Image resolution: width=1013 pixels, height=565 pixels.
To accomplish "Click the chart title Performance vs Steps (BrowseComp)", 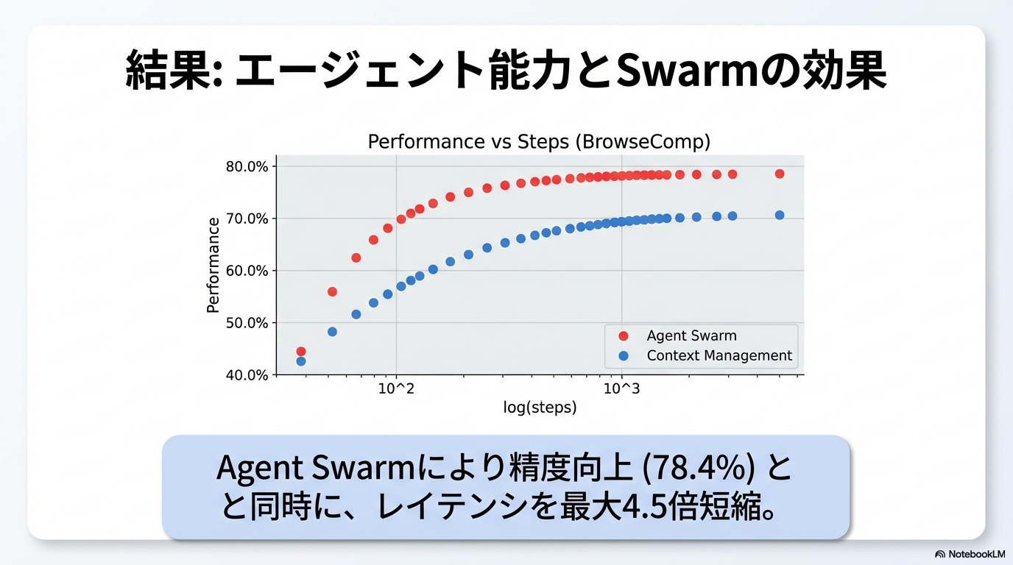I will coord(539,141).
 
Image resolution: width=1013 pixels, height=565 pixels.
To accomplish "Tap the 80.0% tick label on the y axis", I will coord(247,166).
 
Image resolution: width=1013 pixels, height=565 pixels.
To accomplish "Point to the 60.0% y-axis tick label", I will coord(247,271).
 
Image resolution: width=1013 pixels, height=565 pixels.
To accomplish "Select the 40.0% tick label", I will coord(247,375).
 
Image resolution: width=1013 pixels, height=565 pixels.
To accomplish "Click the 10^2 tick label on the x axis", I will coord(396,389).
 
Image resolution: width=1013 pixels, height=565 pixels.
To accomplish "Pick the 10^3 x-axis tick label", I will coord(622,389).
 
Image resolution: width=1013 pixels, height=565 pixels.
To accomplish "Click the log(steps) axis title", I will coord(540,408).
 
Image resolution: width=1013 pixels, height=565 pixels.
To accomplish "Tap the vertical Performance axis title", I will coord(213,266).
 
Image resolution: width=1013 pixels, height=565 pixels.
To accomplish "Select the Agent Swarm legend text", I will coord(691,336).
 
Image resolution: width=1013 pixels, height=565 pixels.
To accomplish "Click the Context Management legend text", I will coord(719,356).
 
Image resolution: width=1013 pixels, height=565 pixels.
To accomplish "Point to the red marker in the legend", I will coord(624,336).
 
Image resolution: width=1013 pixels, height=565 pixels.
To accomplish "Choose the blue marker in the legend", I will coord(624,356).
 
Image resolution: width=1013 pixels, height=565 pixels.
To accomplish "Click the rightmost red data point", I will coord(780,174).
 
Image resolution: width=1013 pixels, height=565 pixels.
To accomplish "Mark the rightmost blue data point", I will coord(780,215).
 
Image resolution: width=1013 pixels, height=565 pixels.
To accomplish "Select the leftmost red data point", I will coord(300,352).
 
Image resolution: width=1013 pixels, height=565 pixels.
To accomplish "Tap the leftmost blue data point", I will coord(300,361).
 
